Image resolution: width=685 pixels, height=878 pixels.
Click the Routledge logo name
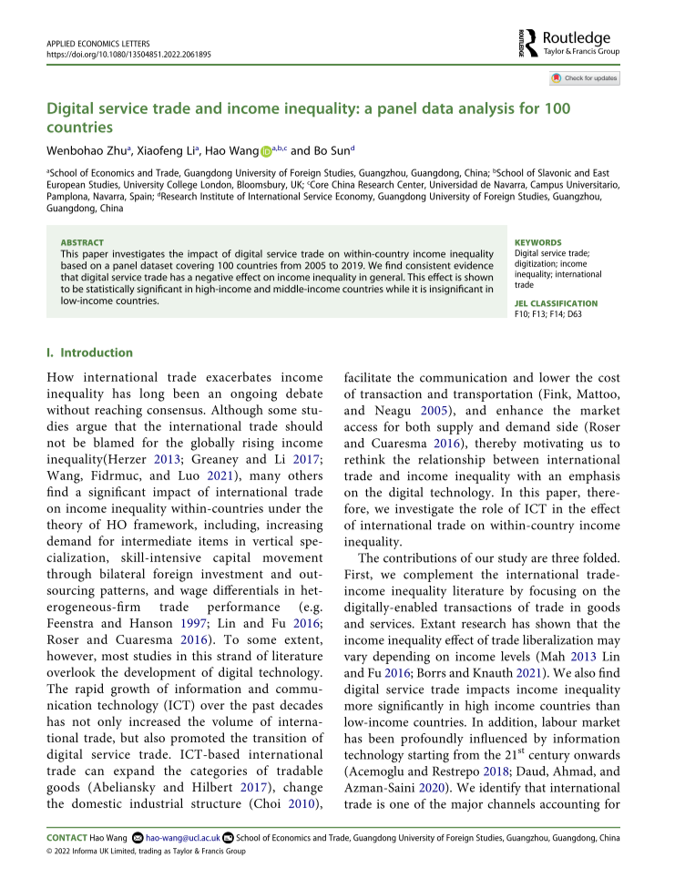click(x=576, y=37)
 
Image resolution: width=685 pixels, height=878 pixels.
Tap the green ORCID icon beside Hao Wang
click(x=267, y=151)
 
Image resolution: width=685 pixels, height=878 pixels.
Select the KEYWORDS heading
click(x=537, y=242)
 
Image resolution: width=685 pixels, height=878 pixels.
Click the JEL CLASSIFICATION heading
click(x=557, y=302)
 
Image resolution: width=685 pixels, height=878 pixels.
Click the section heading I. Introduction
click(x=90, y=352)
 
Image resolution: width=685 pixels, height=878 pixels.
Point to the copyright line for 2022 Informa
click(x=146, y=851)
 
